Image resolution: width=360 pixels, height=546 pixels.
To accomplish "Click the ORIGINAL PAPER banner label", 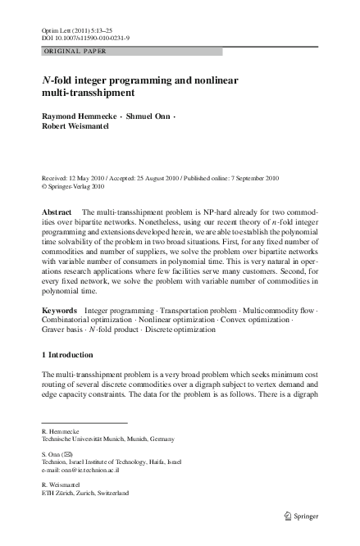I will pyautogui.click(x=75, y=52).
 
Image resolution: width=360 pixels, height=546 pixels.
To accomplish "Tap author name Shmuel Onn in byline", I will pyautogui.click(x=148, y=117).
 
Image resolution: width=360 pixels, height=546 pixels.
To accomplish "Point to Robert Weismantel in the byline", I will pyautogui.click(x=75, y=127).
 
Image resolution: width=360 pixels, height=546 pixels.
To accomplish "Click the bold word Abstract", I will pyautogui.click(x=57, y=212).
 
